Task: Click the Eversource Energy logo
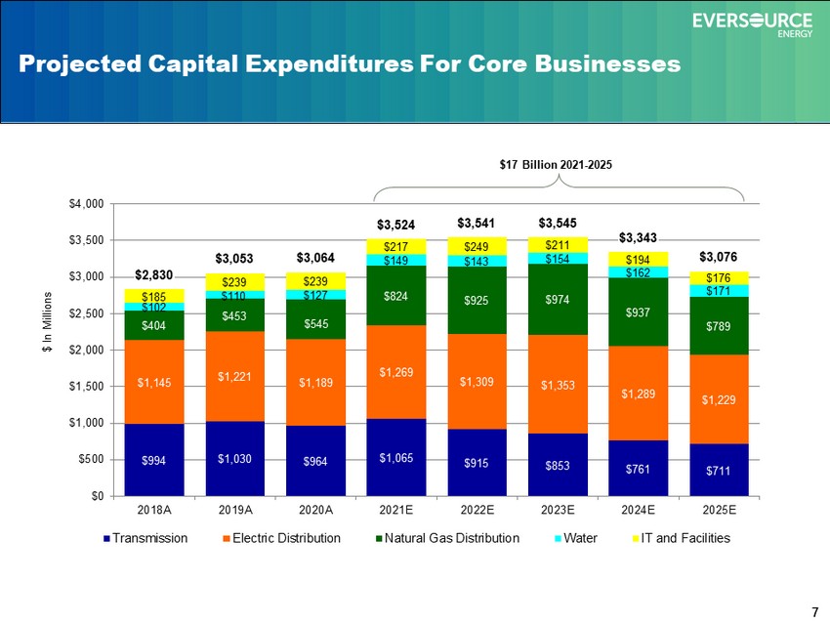point(752,24)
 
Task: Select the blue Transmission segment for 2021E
point(395,457)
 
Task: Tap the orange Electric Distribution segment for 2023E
point(558,385)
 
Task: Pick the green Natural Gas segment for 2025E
point(719,325)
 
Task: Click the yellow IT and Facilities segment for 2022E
point(477,247)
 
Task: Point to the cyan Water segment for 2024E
point(638,272)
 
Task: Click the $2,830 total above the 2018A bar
point(154,274)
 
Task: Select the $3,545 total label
point(558,223)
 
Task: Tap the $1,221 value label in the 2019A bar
point(234,376)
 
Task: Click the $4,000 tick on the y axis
point(86,204)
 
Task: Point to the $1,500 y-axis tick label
point(86,387)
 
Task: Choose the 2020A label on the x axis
point(315,510)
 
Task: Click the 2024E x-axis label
point(638,510)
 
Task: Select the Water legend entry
point(576,538)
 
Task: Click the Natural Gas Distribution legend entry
point(447,538)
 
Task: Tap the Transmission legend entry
point(145,538)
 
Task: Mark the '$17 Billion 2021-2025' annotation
point(556,165)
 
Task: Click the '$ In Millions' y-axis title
point(48,322)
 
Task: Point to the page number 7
point(814,612)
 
